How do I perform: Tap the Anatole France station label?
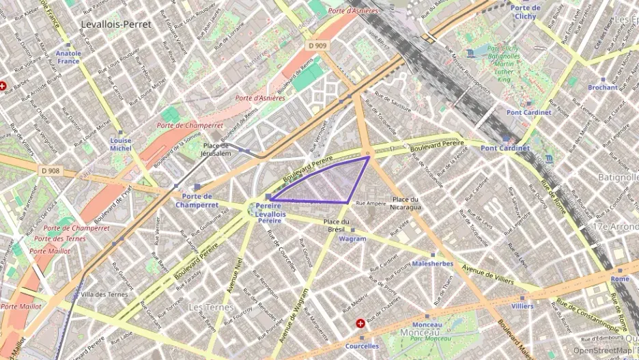(68, 57)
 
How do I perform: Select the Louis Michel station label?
(121, 144)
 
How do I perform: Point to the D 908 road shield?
(51, 171)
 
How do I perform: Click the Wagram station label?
(352, 239)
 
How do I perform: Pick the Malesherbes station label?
(432, 263)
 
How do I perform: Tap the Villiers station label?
(522, 307)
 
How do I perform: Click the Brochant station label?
(603, 87)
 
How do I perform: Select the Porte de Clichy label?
(525, 12)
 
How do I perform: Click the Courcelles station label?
(362, 346)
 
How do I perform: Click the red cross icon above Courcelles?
(360, 322)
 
